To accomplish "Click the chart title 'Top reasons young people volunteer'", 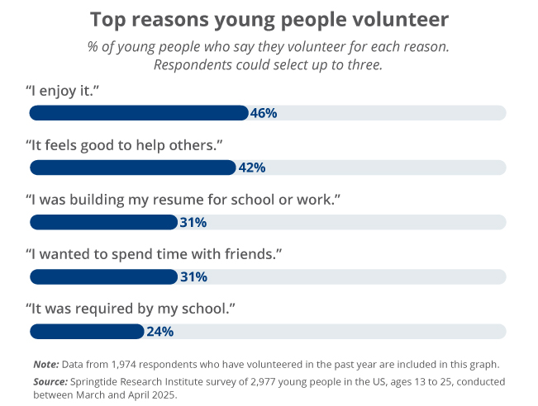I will pos(269,19).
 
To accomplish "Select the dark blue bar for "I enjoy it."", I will pos(139,113).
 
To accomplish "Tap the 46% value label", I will pos(263,113).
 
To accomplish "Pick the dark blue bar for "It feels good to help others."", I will pos(133,168).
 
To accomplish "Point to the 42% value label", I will pos(251,168).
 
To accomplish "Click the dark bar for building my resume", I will pos(103,222).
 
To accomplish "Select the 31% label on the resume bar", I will pos(193,222).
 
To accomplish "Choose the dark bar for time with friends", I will pos(103,276).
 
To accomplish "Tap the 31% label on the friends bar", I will pos(193,276).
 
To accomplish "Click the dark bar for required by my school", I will pos(87,332).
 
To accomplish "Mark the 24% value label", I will pos(159,332).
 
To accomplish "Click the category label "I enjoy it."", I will pos(63,89).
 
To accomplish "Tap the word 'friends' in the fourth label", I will pos(252,253).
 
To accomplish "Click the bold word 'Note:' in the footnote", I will pos(45,364).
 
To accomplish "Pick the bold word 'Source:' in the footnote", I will pos(50,382).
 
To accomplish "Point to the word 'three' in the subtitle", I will pos(363,64).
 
